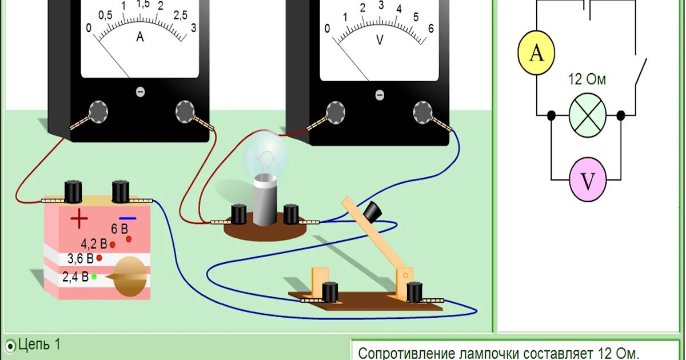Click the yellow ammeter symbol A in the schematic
pos(536,53)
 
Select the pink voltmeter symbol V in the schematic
pos(588,179)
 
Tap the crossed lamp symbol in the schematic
pos(587,115)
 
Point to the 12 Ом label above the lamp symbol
pos(587,79)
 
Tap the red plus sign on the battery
pos(79,218)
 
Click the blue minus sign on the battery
pos(127,218)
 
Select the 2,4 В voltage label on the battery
pos(75,277)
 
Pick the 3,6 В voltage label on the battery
pos(80,258)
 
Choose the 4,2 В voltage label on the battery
pos(94,244)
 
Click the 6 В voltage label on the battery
pos(119,229)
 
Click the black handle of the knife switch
pos(372,211)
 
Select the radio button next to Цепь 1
pos(11,345)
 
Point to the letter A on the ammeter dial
pos(140,37)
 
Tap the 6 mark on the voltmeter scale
pos(430,29)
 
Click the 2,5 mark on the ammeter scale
pos(180,15)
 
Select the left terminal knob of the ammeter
pos(98,111)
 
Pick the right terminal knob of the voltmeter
pos(422,111)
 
